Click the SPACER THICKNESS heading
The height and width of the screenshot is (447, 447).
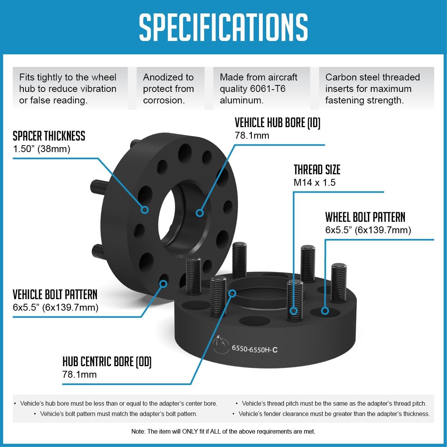click(49, 136)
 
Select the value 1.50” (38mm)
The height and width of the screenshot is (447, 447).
click(42, 149)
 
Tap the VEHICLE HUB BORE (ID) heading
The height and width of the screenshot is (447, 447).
click(277, 123)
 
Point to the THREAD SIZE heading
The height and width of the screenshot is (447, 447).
click(317, 170)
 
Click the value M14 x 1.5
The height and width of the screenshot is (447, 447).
click(314, 183)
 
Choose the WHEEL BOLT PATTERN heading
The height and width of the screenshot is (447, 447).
click(365, 217)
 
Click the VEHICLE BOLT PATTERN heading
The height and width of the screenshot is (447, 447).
click(55, 295)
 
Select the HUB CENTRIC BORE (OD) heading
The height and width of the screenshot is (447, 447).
click(107, 361)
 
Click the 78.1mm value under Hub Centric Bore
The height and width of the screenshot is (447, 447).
click(79, 374)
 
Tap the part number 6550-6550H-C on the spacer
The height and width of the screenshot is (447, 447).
click(254, 349)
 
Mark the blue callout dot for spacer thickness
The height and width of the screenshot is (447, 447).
click(145, 210)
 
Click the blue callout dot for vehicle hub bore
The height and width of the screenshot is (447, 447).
click(199, 213)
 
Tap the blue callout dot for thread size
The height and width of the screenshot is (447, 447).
click(294, 311)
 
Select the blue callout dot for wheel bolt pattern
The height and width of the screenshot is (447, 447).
click(325, 311)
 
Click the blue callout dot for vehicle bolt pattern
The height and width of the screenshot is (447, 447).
click(163, 284)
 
